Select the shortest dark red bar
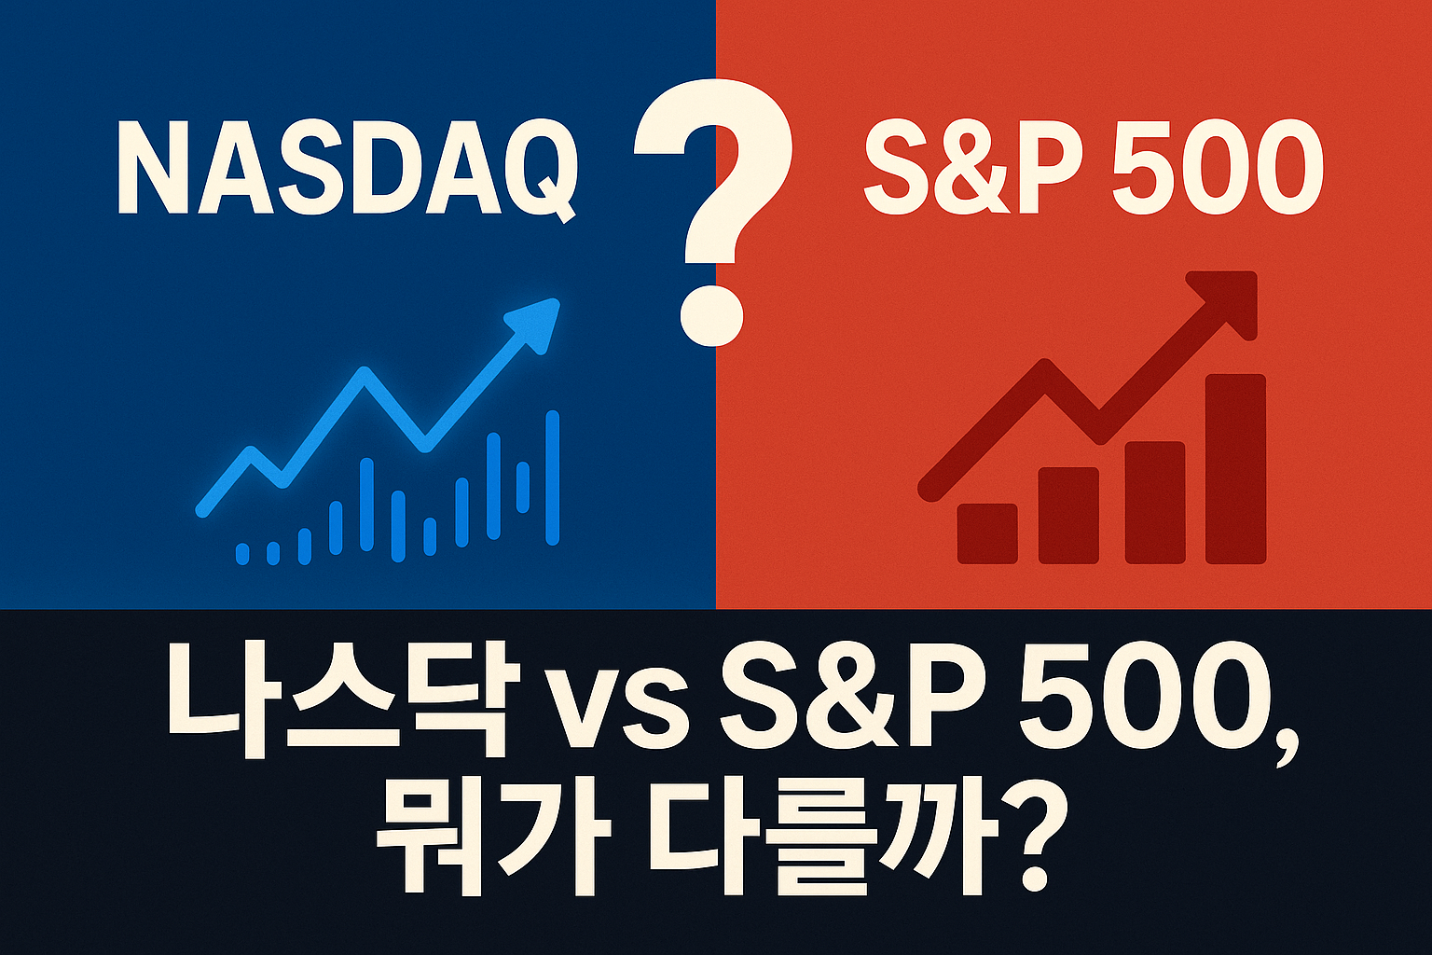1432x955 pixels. (x=987, y=533)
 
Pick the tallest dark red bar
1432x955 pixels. (x=1235, y=469)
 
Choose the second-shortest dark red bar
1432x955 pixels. (x=1068, y=516)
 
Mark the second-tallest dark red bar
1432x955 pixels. (x=1154, y=503)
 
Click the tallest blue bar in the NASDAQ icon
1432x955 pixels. (x=552, y=477)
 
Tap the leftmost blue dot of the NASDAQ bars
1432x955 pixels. (x=242, y=553)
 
